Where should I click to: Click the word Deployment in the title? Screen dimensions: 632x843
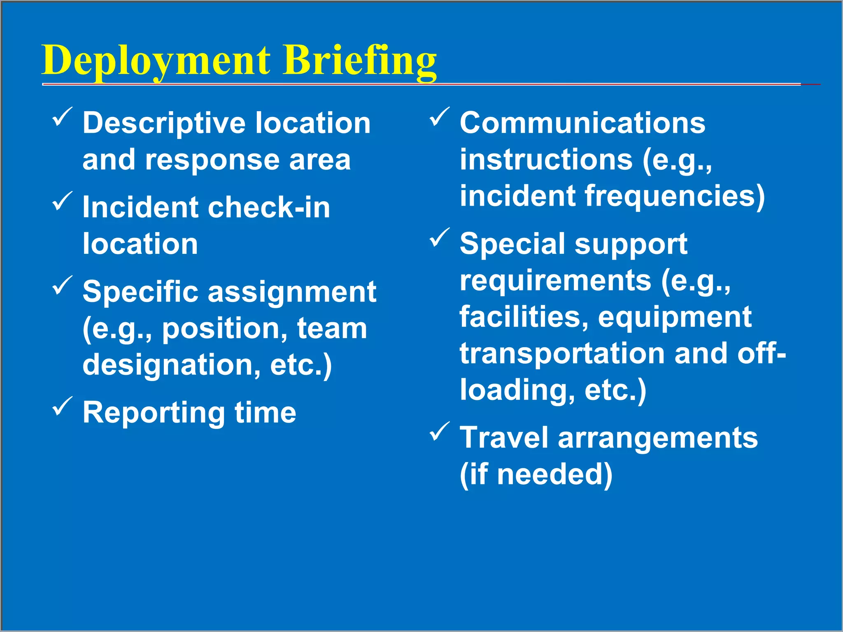click(x=156, y=60)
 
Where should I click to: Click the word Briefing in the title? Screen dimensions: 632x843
click(x=359, y=60)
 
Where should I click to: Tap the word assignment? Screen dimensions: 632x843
click(x=292, y=292)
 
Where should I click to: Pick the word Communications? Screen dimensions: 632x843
click(x=582, y=123)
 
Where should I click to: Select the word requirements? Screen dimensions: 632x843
click(x=555, y=281)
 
